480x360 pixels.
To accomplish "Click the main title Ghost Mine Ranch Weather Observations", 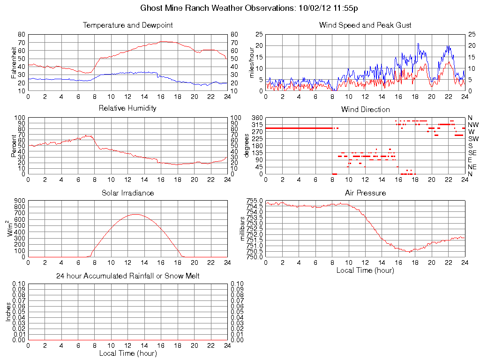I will coord(250,8).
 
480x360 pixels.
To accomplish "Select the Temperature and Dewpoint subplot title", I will coord(127,25).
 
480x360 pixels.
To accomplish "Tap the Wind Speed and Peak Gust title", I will coord(365,25).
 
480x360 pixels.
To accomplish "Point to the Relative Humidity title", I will coord(127,108).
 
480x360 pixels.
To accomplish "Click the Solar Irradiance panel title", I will coord(127,193).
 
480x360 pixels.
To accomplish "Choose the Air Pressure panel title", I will coord(365,193).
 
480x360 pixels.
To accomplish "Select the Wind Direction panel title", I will coord(365,110).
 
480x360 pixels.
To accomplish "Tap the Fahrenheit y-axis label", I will coord(15,62).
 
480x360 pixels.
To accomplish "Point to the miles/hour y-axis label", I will coord(252,62).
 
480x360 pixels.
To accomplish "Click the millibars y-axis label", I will coord(242,228).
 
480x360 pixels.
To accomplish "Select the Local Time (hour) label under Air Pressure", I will coord(365,270).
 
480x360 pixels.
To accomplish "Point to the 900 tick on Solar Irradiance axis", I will coord(19,201).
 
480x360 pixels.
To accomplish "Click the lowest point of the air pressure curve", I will coord(409,252).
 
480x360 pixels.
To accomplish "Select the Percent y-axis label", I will coord(15,145).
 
